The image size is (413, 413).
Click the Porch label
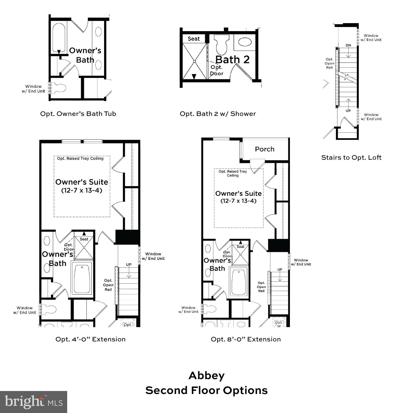[x=264, y=149]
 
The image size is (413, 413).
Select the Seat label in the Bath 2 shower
[x=194, y=39]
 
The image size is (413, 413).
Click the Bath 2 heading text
[x=232, y=59]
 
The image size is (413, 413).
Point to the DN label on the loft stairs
[x=348, y=45]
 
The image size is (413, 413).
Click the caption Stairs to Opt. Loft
[x=351, y=157]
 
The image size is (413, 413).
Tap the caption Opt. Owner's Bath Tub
[x=78, y=114]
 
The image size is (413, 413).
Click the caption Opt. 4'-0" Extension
[x=90, y=339]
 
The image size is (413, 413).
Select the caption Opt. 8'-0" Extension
[x=246, y=339]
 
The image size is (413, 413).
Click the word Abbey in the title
[x=206, y=376]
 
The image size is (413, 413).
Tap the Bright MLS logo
[x=33, y=402]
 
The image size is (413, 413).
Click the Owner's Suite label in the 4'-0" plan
[x=81, y=182]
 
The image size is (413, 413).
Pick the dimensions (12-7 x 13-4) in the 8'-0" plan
[x=238, y=201]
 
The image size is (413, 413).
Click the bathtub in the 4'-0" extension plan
[x=81, y=279]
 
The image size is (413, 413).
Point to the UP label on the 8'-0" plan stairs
[x=280, y=270]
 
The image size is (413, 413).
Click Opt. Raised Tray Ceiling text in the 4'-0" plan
[x=80, y=159]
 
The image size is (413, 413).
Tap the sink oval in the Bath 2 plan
[x=244, y=42]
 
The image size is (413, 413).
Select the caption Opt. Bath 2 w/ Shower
[x=218, y=114]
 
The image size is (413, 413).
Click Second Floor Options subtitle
[x=206, y=390]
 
